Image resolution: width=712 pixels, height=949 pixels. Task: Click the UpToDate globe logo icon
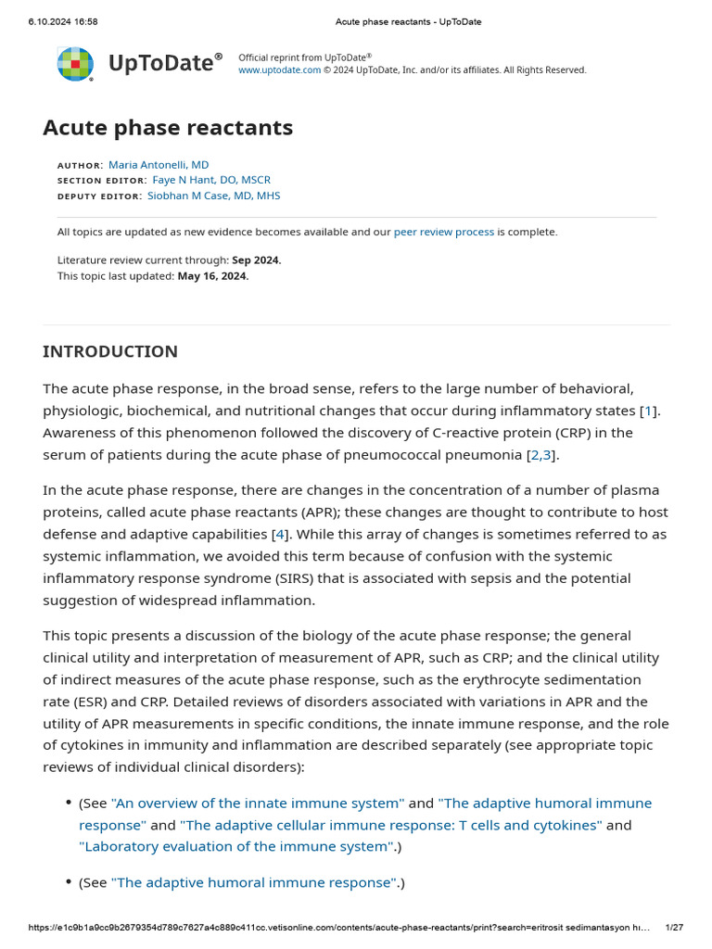75,64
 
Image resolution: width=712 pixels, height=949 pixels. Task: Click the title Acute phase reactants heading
168,128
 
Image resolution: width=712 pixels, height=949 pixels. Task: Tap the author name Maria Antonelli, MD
159,165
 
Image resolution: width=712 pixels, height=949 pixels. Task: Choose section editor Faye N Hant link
211,180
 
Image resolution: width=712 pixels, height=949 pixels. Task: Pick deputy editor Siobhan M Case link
213,196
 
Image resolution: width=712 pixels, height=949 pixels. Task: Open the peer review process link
443,232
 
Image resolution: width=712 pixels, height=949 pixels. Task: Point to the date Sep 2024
256,260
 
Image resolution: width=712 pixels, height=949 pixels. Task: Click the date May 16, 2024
212,275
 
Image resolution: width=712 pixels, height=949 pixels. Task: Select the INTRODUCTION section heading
110,351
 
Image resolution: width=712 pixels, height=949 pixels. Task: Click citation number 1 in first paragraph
649,410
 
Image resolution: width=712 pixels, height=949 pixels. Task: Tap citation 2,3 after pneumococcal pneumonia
540,454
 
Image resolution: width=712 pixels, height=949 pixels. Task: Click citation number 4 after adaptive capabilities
279,534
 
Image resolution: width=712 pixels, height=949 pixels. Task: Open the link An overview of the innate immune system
258,803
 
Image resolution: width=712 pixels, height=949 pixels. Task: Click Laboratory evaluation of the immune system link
235,846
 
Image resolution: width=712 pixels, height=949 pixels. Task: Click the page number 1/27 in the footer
674,927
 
